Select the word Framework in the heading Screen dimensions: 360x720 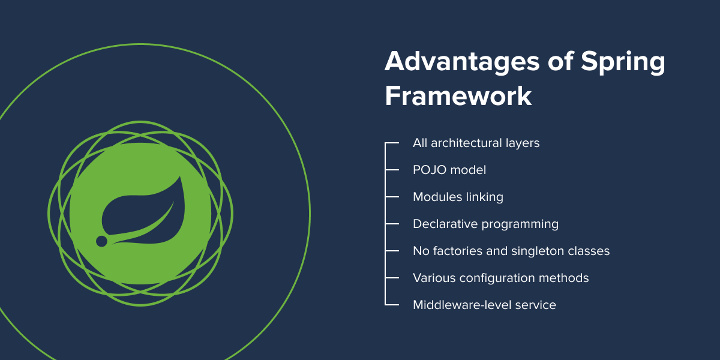point(458,96)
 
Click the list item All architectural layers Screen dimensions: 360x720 point(476,143)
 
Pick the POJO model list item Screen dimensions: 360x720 point(449,170)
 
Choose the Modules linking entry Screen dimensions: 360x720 point(458,197)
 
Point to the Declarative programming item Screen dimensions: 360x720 point(485,224)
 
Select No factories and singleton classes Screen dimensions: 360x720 point(511,251)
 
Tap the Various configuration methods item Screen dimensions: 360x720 point(500,278)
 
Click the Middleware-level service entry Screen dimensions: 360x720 point(484,305)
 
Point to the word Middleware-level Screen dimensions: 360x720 point(463,305)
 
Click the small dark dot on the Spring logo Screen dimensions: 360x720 point(101,241)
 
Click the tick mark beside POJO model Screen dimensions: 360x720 point(392,170)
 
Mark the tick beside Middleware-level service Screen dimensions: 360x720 point(392,305)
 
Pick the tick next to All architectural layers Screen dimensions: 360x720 point(392,143)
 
